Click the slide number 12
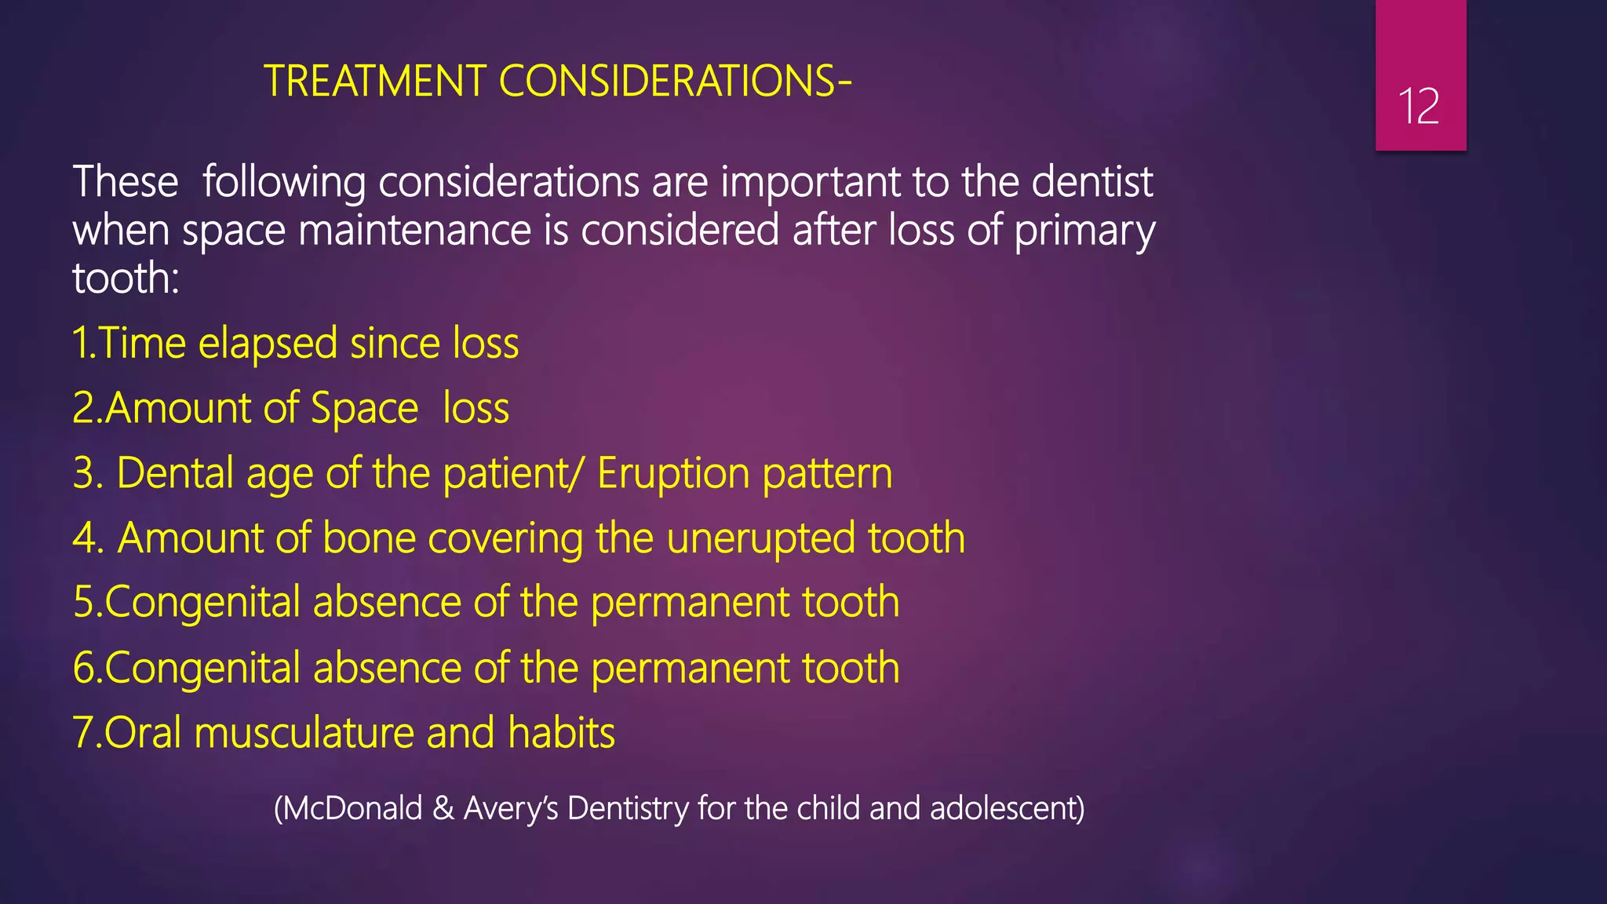(x=1419, y=106)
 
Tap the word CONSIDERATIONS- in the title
(x=675, y=81)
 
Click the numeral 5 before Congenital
(x=83, y=603)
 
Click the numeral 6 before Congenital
(x=83, y=668)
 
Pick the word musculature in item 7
(x=304, y=733)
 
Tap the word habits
(x=561, y=733)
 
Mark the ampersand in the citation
(x=443, y=808)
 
